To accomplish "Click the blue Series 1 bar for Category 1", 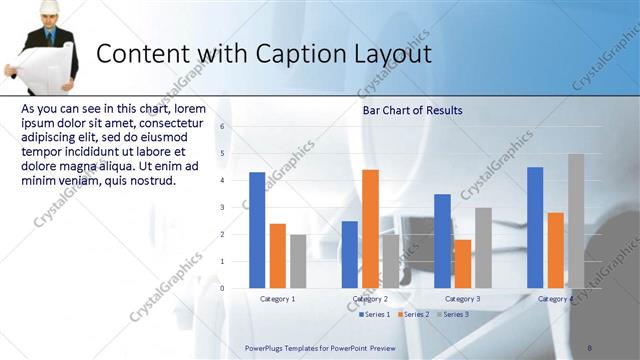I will tap(257, 230).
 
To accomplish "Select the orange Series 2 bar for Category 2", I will tap(370, 229).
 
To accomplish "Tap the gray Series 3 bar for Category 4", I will tap(576, 221).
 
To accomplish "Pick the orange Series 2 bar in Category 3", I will tap(462, 264).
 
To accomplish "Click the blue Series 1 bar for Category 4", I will tap(535, 227).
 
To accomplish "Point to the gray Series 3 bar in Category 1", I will tap(298, 261).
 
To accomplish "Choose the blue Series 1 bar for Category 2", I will tap(350, 254).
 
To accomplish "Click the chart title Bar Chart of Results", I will tap(412, 110).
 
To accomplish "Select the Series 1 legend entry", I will tap(374, 314).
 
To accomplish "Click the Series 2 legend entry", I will tap(413, 314).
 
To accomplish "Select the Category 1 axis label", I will tap(277, 299).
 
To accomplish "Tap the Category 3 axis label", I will tap(462, 299).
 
